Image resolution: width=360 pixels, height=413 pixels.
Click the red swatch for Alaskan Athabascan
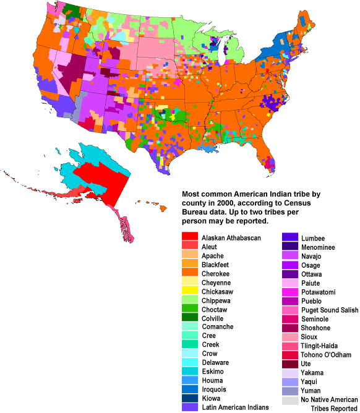[x=189, y=237]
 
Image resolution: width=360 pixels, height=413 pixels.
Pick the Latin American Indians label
[x=235, y=407]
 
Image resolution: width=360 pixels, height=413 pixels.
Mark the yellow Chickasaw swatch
[x=189, y=291]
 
